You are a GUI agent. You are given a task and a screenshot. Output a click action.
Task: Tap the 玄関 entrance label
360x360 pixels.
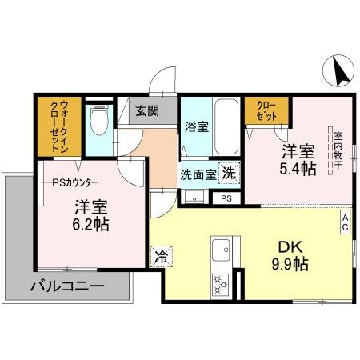pyautogui.click(x=146, y=111)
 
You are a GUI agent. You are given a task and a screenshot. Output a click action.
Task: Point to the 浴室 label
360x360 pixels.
pyautogui.click(x=195, y=126)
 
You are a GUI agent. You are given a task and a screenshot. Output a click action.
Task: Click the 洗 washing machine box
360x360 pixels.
pyautogui.click(x=230, y=172)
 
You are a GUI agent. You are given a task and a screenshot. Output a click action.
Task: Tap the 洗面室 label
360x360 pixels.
pyautogui.click(x=198, y=174)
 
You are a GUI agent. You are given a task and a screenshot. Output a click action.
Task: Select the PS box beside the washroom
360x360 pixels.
pyautogui.click(x=226, y=198)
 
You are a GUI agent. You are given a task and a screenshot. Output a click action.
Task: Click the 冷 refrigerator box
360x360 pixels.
pyautogui.click(x=161, y=258)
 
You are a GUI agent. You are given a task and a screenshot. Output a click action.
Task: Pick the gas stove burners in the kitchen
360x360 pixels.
pyautogui.click(x=219, y=283)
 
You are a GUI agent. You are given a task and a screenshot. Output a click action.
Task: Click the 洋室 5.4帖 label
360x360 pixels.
pyautogui.click(x=297, y=159)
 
